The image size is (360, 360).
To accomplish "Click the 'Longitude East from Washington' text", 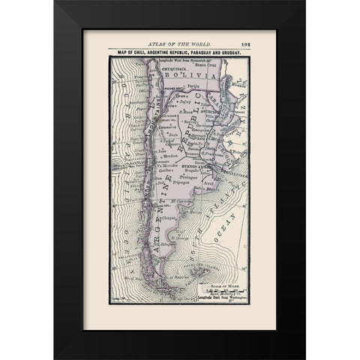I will tap(220, 298).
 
